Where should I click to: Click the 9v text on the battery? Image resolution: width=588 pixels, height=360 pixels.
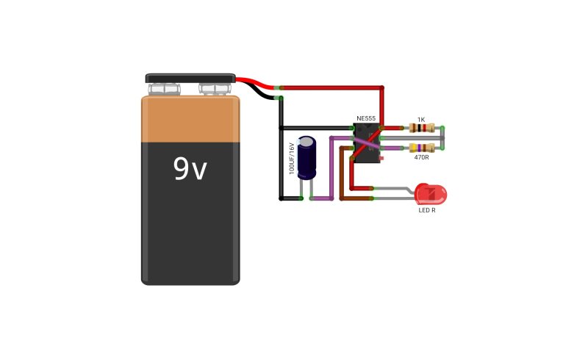pos(190,168)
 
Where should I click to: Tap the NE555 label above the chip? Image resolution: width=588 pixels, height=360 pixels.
pos(366,118)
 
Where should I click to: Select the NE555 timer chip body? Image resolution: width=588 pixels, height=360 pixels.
pos(367,143)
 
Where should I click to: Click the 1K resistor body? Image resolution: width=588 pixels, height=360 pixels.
pos(422,129)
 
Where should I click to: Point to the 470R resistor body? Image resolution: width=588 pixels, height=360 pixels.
pos(422,148)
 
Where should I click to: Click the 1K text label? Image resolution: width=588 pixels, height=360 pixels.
pos(421,120)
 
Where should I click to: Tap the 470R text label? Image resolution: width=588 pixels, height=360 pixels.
pos(421,157)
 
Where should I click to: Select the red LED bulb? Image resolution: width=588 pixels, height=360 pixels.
pos(431,194)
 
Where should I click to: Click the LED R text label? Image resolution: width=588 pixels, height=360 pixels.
pos(427,210)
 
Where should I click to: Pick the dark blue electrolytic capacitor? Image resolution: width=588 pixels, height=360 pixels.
pos(306,157)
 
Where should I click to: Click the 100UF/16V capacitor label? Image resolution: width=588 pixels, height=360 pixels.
pos(292,158)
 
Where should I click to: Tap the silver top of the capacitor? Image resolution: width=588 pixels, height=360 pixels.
pos(306,142)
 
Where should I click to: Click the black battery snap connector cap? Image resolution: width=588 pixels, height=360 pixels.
pos(190,78)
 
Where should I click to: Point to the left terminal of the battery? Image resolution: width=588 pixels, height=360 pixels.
pos(164,89)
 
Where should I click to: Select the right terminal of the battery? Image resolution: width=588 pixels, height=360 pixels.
pos(215,89)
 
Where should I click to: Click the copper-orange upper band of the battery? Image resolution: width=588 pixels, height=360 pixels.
pos(190,119)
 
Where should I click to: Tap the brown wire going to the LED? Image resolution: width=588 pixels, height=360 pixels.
pos(341,173)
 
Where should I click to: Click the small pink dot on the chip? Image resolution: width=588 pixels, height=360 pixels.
pos(381,159)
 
